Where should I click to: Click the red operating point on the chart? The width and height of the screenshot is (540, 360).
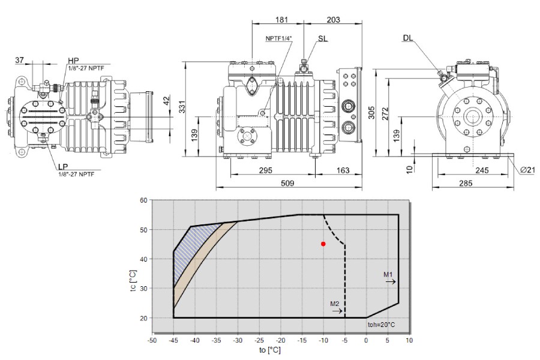tap(323, 244)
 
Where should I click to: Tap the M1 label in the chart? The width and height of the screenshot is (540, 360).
tap(388, 274)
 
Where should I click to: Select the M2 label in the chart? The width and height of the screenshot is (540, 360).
tap(335, 304)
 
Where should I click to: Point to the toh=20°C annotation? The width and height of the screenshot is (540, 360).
tap(381, 325)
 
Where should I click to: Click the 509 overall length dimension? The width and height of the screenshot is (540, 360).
tap(287, 183)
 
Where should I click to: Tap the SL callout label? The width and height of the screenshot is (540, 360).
tap(323, 38)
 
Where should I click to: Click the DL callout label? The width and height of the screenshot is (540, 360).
tap(408, 38)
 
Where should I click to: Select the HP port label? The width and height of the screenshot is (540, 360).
tap(73, 61)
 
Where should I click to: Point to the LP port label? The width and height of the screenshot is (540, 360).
tap(63, 167)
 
